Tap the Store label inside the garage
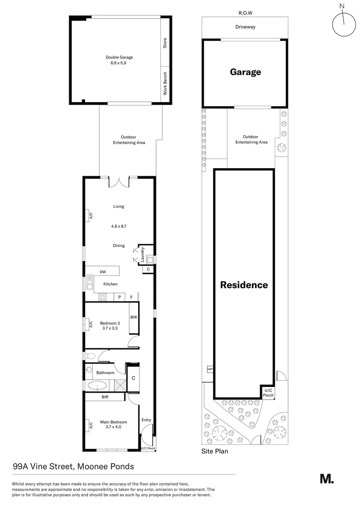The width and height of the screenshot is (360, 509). [x=165, y=43]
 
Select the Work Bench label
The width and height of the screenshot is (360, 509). [x=165, y=84]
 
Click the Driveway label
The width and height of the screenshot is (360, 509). [x=245, y=27]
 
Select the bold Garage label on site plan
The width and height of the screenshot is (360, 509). [x=245, y=72]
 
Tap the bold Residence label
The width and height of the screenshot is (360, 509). [x=244, y=285]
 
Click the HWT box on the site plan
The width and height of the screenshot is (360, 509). [x=210, y=369]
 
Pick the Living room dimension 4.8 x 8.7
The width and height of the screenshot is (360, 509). [x=118, y=226]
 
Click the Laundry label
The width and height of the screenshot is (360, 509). [x=142, y=254]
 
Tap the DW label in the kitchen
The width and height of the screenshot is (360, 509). [x=102, y=271]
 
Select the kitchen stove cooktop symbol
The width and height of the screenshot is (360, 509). [x=103, y=296]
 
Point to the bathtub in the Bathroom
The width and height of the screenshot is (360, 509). [x=98, y=386]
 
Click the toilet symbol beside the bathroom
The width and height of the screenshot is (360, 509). [x=90, y=355]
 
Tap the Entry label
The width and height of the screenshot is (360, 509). [x=147, y=420]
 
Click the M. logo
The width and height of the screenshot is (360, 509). [x=327, y=478]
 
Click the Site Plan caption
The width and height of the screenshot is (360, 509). [x=215, y=451]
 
